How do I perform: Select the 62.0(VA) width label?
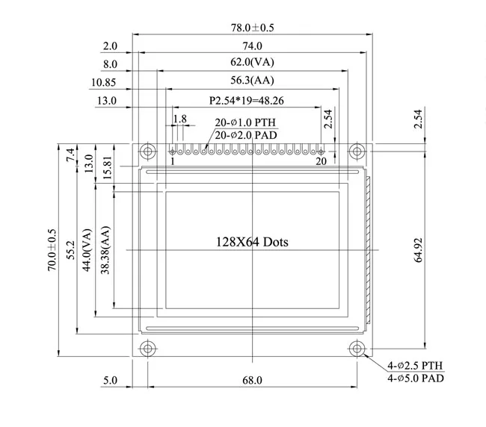click(x=251, y=63)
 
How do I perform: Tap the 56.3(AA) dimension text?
click(x=251, y=81)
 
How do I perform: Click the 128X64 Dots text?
click(x=252, y=242)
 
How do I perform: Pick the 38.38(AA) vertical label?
click(x=105, y=249)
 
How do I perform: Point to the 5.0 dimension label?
click(x=110, y=381)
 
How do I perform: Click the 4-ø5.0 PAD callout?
click(x=416, y=378)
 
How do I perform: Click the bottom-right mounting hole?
click(x=358, y=349)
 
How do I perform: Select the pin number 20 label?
click(x=321, y=161)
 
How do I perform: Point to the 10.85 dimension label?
click(x=103, y=82)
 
